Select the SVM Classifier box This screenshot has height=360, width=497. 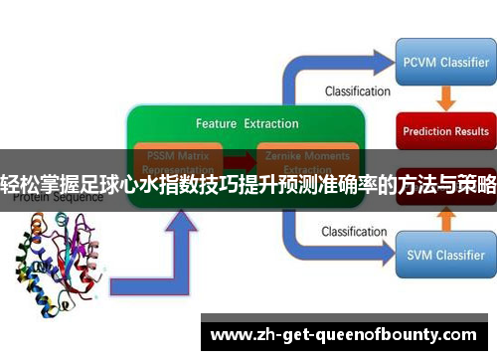[x=445, y=254]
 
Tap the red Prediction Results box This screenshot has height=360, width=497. [x=445, y=130]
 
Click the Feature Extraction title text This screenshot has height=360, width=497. [x=247, y=124]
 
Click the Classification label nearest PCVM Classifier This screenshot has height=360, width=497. [x=357, y=91]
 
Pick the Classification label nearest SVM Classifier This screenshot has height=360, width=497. [x=357, y=232]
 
